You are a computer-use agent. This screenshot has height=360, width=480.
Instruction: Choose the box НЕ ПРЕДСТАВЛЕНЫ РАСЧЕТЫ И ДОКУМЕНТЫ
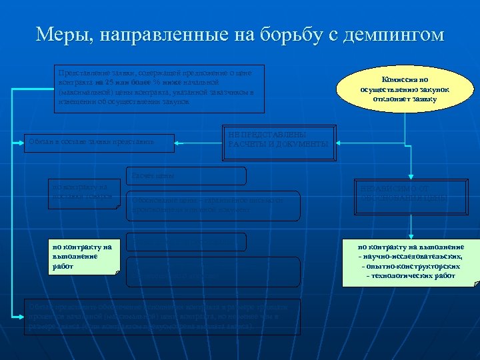tap(278, 137)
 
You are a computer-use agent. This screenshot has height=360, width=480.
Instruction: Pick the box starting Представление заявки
tap(160, 88)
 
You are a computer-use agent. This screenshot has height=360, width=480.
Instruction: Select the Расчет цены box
tap(185, 176)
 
